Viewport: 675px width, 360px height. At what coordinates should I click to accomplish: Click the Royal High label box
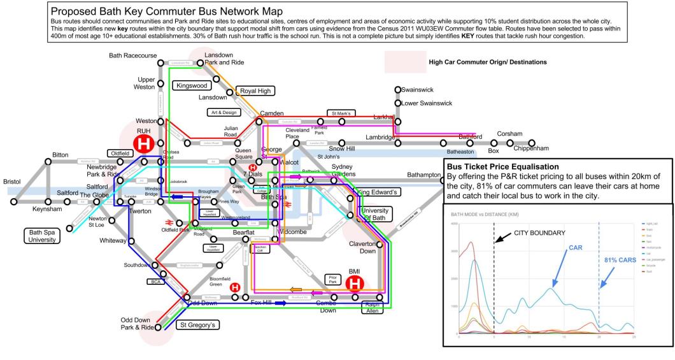coord(254,90)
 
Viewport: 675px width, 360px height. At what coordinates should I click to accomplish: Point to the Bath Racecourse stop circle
coord(160,62)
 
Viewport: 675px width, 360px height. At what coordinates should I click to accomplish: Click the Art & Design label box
coord(224,112)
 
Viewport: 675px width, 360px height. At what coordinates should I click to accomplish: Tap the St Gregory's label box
coord(197,326)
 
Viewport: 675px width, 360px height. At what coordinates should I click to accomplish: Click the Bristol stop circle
coord(13,202)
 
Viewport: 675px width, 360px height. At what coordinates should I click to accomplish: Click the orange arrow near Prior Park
coord(296,289)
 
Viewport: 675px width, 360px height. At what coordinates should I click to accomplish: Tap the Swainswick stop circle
coord(397,90)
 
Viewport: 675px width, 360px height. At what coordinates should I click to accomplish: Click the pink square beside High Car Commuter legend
coord(402,62)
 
